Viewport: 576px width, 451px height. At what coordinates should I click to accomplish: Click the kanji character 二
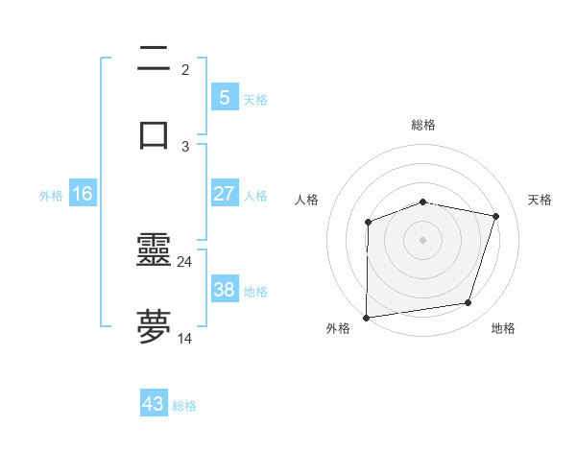click(x=155, y=60)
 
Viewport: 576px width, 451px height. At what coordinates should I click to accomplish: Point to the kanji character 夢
click(x=155, y=325)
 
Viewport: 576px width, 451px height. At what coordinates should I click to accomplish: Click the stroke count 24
click(x=185, y=261)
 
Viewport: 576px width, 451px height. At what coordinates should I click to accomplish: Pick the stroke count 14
click(x=185, y=338)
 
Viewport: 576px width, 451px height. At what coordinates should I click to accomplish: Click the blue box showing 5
click(x=224, y=98)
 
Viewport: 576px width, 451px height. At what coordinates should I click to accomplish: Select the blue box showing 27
click(x=224, y=194)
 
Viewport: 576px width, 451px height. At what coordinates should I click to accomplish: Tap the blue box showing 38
click(x=224, y=290)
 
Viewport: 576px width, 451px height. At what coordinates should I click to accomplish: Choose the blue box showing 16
click(x=83, y=194)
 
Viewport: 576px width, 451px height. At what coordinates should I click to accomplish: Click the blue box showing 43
click(x=154, y=404)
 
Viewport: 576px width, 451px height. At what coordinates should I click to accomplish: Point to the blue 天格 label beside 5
click(x=255, y=100)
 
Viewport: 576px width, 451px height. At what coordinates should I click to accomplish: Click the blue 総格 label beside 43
click(x=184, y=406)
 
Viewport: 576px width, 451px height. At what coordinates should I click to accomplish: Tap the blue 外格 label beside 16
click(x=51, y=196)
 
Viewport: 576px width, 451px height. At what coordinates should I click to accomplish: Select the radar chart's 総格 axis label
click(x=423, y=125)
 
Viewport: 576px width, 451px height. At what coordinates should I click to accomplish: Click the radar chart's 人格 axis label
click(x=307, y=200)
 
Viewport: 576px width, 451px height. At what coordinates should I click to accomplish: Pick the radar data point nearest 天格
click(x=496, y=216)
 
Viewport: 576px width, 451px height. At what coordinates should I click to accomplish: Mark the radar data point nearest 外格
click(x=367, y=318)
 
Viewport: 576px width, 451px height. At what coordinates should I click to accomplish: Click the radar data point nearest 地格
click(x=468, y=303)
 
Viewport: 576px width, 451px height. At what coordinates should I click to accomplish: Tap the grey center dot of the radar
click(x=423, y=240)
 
